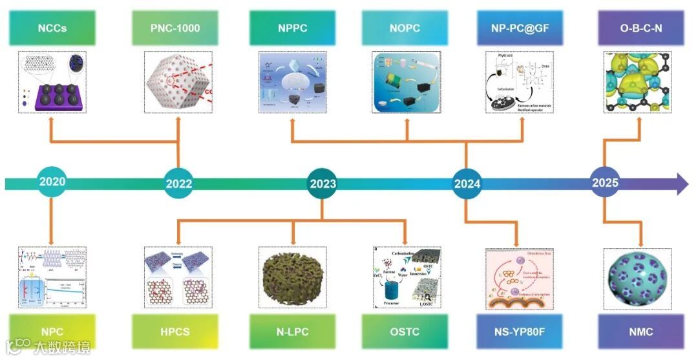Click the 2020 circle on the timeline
coord(52,182)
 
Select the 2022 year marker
coord(178,184)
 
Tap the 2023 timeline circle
coord(323,184)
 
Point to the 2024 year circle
coord(467,184)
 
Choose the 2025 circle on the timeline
coord(605,182)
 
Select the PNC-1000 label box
coord(178,28)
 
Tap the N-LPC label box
coord(293,332)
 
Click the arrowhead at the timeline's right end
coord(682,184)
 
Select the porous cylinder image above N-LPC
coord(293,277)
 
